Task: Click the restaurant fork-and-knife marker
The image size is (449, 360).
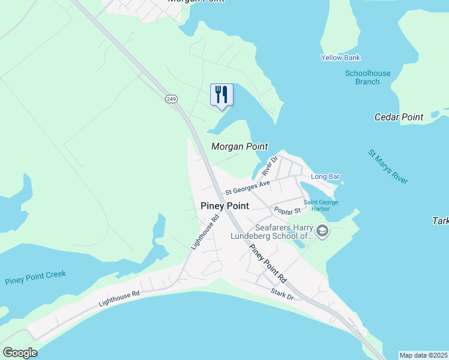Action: (221, 95)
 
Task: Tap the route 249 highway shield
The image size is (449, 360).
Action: (172, 99)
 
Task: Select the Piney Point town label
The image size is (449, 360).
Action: (224, 206)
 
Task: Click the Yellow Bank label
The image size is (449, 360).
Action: (340, 58)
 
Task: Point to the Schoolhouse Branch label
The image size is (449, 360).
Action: (367, 77)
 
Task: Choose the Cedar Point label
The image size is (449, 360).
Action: (399, 117)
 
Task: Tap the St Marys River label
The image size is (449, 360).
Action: (388, 167)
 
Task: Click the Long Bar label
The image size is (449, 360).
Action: (325, 176)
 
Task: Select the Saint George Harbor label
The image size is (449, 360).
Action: (325, 205)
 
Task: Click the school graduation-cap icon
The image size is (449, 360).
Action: (322, 232)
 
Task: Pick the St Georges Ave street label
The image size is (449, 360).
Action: (247, 187)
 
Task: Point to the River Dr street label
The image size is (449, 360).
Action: (270, 167)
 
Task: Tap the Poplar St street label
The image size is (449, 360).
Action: (287, 211)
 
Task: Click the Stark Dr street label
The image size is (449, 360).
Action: (282, 294)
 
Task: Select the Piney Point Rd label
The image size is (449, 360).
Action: (268, 264)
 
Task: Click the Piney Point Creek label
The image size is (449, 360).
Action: (35, 278)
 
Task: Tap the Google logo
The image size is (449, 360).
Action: (20, 353)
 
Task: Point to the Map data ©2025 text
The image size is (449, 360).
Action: (423, 355)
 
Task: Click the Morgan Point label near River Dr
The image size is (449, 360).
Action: (239, 146)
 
